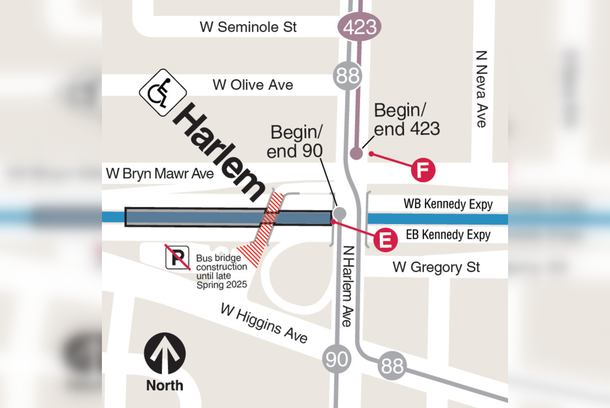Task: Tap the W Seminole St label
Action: tap(248, 27)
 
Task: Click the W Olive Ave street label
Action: tap(253, 85)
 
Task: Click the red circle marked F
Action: tap(423, 169)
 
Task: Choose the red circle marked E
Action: tap(385, 240)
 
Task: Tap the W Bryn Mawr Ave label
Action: tap(160, 173)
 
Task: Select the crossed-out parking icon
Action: tap(177, 257)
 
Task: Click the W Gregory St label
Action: tap(436, 267)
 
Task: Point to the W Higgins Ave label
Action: tap(264, 323)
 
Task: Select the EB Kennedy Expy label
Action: tap(448, 235)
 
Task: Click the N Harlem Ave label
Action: tap(348, 286)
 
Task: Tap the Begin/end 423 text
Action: tap(406, 119)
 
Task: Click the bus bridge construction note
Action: tap(222, 271)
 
